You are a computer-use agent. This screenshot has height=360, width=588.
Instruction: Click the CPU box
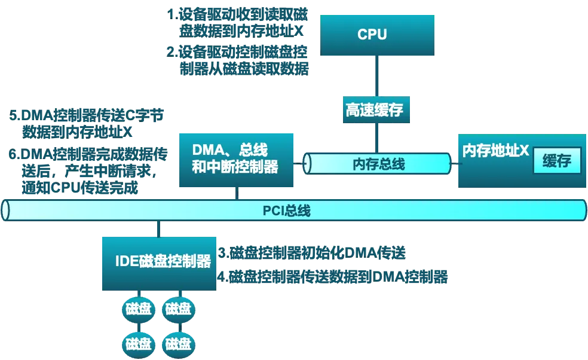click(377, 35)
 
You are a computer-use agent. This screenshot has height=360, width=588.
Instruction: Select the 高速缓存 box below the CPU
click(376, 109)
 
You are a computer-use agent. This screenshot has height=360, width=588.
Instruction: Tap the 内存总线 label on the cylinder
click(379, 164)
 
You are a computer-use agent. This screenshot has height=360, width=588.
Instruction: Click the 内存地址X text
click(495, 151)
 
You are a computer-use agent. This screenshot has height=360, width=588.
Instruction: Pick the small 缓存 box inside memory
click(557, 160)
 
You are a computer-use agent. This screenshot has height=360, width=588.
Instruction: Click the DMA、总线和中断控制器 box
click(236, 160)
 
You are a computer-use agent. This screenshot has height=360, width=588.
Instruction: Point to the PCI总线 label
click(286, 210)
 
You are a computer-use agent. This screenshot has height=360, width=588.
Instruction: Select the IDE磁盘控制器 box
click(159, 264)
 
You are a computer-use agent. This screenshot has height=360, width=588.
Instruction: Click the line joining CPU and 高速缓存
click(376, 76)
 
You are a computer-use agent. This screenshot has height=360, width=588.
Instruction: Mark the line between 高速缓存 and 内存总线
click(376, 138)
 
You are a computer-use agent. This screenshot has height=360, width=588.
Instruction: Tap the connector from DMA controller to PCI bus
click(237, 193)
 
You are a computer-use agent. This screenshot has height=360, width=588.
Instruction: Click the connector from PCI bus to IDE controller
click(158, 229)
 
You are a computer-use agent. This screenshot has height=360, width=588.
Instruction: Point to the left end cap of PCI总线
click(5, 210)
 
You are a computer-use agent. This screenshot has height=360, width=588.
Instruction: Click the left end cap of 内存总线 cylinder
click(307, 164)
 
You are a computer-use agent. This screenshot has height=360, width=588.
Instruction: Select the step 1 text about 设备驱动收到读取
click(237, 23)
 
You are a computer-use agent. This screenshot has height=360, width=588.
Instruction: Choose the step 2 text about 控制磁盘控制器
click(237, 60)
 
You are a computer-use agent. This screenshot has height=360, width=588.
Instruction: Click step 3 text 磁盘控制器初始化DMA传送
click(312, 253)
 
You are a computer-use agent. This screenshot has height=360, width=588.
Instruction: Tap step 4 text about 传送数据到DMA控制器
click(333, 277)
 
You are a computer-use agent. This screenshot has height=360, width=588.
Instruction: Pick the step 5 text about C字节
click(86, 124)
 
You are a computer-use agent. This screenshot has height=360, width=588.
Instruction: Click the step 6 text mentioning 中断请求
click(88, 171)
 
